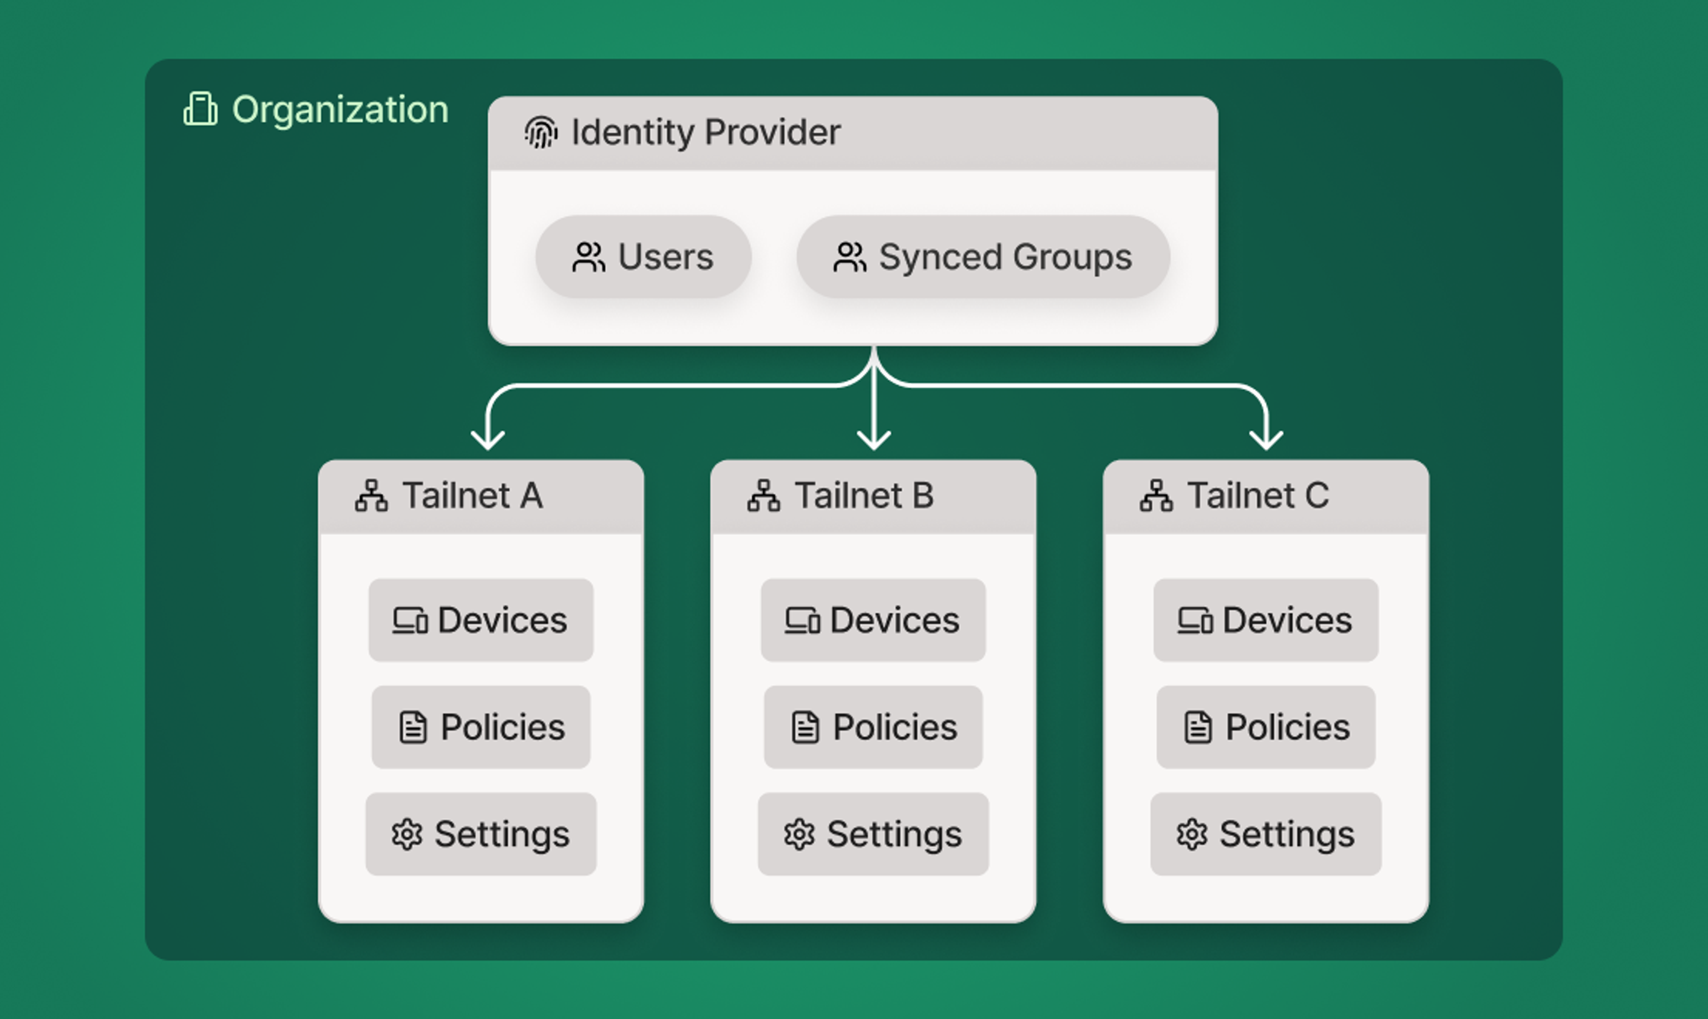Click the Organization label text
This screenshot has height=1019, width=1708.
(340, 110)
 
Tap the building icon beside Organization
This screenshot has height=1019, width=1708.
(200, 109)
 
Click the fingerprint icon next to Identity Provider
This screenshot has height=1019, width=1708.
(541, 132)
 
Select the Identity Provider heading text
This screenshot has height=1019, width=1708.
(705, 132)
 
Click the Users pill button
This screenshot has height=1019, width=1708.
(644, 257)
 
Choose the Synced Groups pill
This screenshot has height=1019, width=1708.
(983, 257)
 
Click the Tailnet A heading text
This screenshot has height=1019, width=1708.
(472, 496)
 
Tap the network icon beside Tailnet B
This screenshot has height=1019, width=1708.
(764, 496)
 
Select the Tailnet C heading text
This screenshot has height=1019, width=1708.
(1258, 496)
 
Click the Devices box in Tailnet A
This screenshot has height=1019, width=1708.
(481, 620)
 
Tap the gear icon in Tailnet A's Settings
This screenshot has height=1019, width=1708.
(407, 834)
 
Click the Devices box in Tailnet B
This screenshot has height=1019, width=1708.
(873, 620)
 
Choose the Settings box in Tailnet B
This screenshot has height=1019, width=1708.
(873, 834)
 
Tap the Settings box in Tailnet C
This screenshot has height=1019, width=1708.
(1266, 834)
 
